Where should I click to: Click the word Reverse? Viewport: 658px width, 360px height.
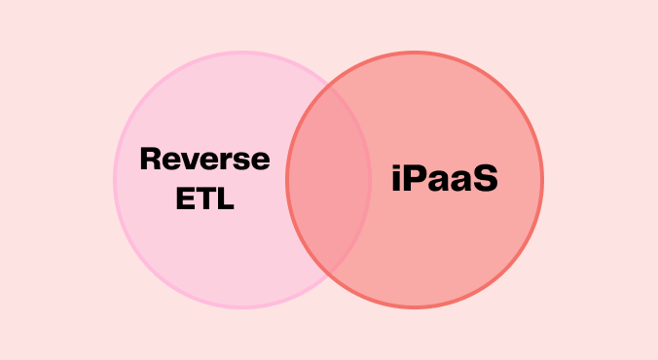[x=204, y=159]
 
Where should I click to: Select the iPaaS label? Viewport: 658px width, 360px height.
[x=445, y=179]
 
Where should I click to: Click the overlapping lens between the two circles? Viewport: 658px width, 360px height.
[x=329, y=180]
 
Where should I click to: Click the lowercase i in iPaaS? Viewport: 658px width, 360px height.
[x=397, y=180]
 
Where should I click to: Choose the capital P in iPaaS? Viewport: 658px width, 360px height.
[x=416, y=179]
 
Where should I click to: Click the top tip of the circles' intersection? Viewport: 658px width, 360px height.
[x=329, y=86]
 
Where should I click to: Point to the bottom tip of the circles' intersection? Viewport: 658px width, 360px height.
[x=329, y=273]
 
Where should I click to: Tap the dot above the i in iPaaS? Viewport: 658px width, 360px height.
[x=397, y=166]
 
